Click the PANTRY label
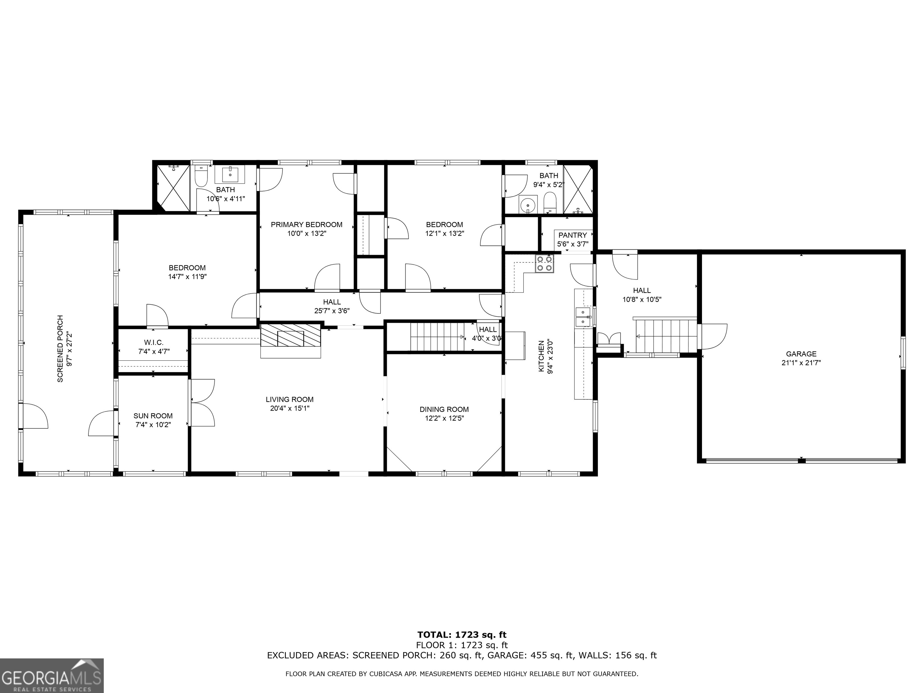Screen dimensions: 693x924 572,235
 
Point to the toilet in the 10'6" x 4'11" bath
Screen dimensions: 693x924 201,177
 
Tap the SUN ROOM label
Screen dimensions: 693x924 153,416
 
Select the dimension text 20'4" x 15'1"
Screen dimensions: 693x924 289,408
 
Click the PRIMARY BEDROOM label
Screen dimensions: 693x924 306,224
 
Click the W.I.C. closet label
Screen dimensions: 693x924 154,343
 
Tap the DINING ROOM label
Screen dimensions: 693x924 444,409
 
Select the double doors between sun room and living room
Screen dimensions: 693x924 202,403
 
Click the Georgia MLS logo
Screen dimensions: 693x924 51,676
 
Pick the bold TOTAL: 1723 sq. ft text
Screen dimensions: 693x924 462,635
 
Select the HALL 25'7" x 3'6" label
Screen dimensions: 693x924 332,306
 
